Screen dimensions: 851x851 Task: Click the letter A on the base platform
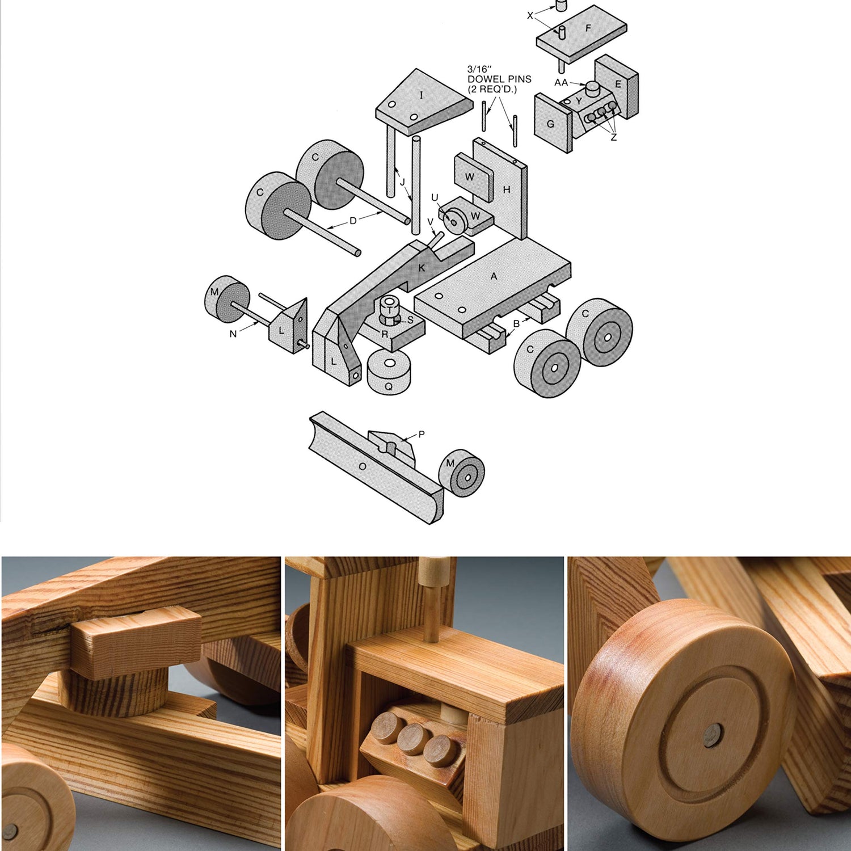[494, 276]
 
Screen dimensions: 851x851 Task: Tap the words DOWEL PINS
[499, 79]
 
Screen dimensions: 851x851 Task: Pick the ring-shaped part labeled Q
[389, 372]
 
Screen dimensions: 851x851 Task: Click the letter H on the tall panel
[507, 189]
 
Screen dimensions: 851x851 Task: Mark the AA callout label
[561, 83]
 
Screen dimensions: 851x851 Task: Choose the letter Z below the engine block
[613, 137]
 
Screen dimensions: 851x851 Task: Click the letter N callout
[233, 334]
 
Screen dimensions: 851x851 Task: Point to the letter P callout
[422, 435]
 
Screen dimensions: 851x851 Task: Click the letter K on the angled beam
[422, 268]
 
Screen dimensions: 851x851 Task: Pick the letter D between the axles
[353, 221]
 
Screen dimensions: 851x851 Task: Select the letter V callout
[430, 222]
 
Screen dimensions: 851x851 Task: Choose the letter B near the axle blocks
[516, 324]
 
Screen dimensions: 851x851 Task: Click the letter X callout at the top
[530, 15]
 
